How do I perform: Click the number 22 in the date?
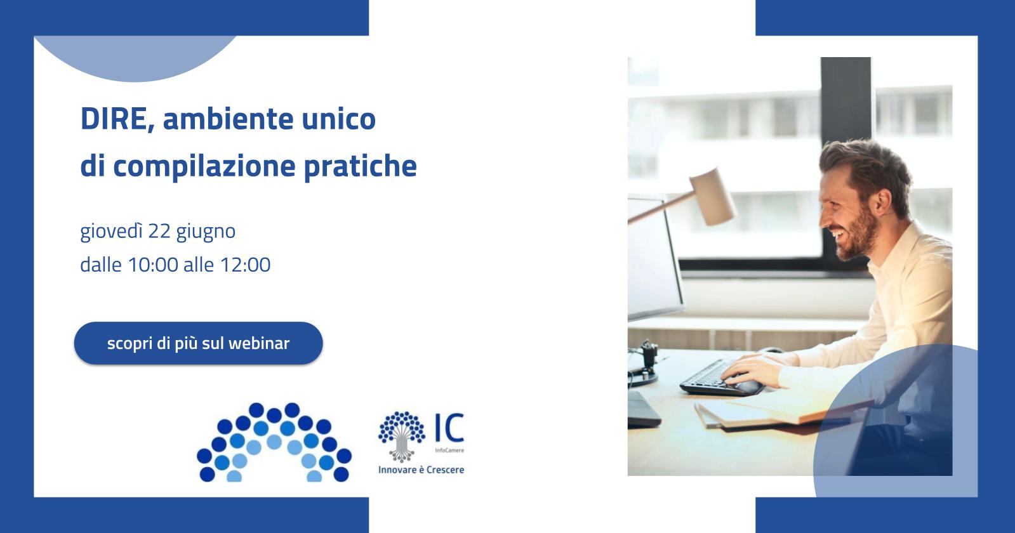[x=159, y=232]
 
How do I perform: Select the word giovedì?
[x=111, y=232]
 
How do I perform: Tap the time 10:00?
[x=153, y=265]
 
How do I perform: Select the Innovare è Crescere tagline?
[x=421, y=470]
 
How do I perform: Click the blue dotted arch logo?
[x=274, y=443]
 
